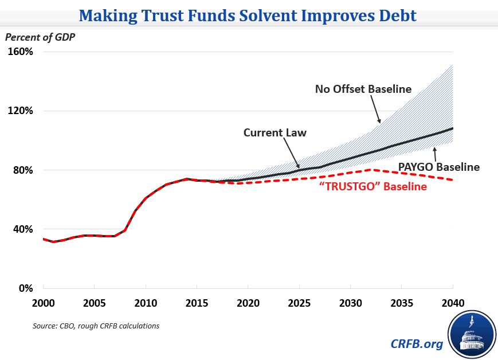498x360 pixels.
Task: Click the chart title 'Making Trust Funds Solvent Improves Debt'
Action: [x=248, y=14]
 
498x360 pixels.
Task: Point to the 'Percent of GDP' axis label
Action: [x=41, y=37]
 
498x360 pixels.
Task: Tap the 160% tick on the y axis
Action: [x=21, y=52]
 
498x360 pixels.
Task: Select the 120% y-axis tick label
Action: [x=21, y=111]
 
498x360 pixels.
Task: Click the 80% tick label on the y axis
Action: [x=23, y=170]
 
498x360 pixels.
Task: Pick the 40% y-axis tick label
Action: [x=23, y=229]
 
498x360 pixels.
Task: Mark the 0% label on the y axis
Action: [x=25, y=288]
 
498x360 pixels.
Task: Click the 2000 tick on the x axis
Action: [x=44, y=302]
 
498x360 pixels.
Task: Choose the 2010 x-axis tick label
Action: [x=146, y=302]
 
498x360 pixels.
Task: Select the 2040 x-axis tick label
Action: [x=453, y=302]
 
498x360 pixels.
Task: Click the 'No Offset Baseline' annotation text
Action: [x=363, y=89]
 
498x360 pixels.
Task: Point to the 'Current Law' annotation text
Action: [x=275, y=132]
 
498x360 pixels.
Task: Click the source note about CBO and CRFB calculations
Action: [x=96, y=326]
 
